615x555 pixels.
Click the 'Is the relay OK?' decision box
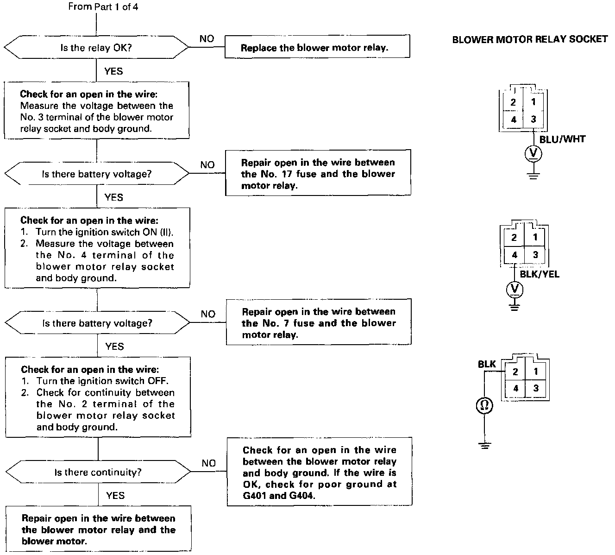click(96, 47)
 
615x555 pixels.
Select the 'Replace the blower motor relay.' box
click(317, 47)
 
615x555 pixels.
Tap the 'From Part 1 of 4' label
click(103, 6)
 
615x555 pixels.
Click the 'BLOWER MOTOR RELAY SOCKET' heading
click(530, 39)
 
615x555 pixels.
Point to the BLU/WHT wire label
click(562, 139)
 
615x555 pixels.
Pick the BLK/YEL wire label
click(540, 274)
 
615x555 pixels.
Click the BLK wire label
click(487, 365)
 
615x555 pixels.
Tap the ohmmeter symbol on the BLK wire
click(484, 406)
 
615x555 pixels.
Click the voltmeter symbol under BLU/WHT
click(533, 153)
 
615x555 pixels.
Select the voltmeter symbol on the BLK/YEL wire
click(515, 290)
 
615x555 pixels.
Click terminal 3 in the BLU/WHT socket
click(533, 119)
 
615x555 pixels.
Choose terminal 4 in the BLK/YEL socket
click(514, 255)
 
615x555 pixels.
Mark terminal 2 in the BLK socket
click(515, 372)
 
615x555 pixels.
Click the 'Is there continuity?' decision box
click(98, 472)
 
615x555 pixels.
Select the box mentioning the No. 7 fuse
click(319, 323)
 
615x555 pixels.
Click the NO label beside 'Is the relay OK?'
click(207, 39)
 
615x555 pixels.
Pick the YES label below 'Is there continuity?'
click(115, 496)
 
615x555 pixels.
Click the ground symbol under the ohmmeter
click(484, 446)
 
